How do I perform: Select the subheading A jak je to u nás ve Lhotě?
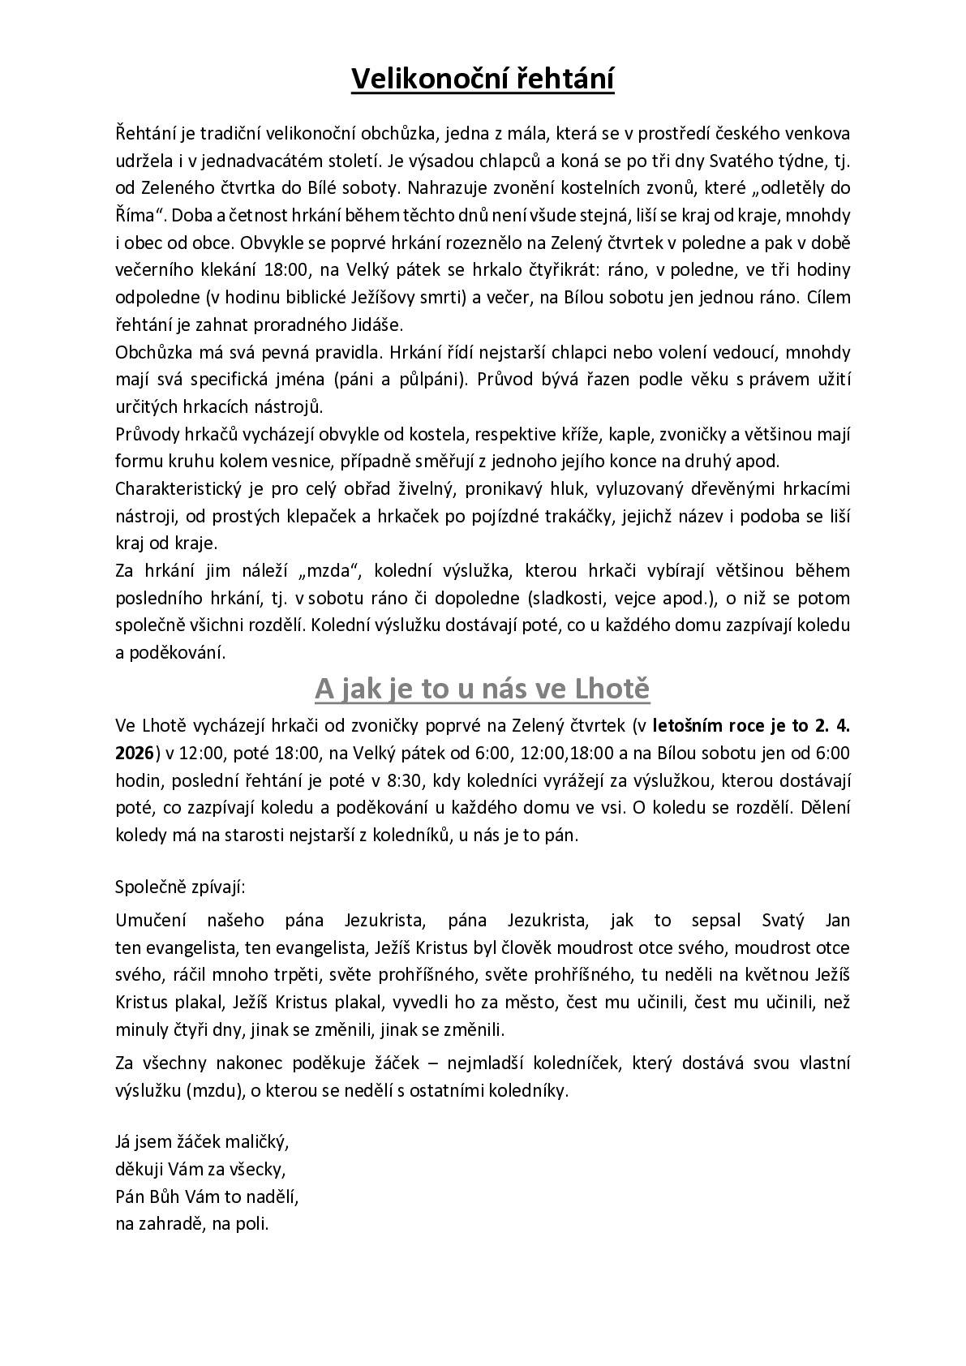pyautogui.click(x=483, y=689)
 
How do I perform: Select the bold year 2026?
pyautogui.click(x=135, y=753)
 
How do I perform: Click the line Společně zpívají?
pyautogui.click(x=180, y=886)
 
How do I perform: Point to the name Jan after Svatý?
pyautogui.click(x=837, y=920)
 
